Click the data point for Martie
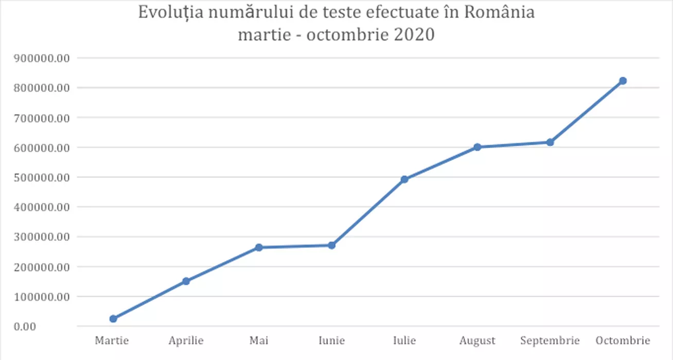click(x=113, y=319)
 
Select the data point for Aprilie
click(x=186, y=281)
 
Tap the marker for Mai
click(x=259, y=247)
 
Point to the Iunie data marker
click(x=332, y=245)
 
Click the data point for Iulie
click(x=404, y=179)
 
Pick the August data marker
click(x=477, y=147)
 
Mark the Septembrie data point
click(x=550, y=142)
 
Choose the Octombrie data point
click(x=623, y=81)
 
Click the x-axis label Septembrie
click(x=550, y=340)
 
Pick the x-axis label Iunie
click(x=332, y=340)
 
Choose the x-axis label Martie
click(x=112, y=340)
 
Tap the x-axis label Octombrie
click(x=623, y=340)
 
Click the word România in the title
click(x=500, y=12)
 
